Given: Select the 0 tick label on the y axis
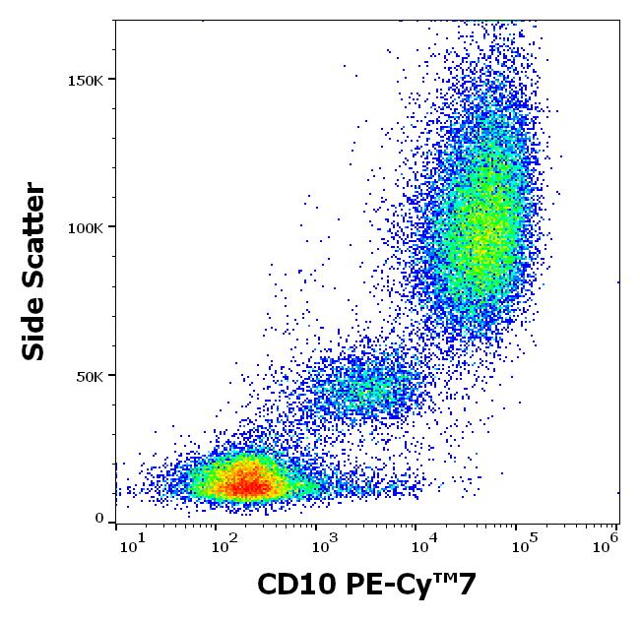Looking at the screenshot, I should point(98,519).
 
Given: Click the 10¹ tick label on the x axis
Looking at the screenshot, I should point(135,539).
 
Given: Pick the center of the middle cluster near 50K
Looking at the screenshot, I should point(369,389).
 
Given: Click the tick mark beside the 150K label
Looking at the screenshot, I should point(110,79).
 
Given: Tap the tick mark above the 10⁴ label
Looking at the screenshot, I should point(415,528).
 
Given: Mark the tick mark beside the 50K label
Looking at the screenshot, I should point(110,375).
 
